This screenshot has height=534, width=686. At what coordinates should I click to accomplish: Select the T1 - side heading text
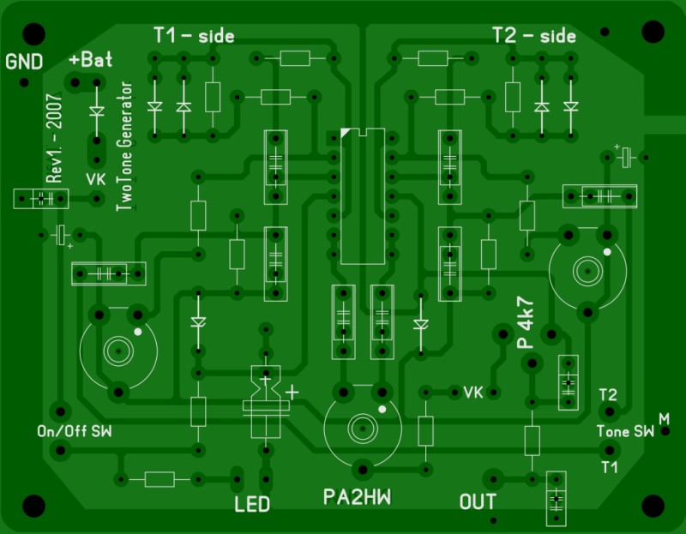(194, 35)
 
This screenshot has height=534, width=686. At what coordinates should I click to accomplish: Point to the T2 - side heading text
(533, 35)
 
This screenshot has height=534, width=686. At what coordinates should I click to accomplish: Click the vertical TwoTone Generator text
(127, 147)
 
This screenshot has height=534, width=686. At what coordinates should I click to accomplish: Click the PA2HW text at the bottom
(358, 498)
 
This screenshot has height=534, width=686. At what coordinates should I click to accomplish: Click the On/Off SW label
(75, 429)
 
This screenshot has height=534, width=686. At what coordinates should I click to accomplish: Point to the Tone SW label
(625, 432)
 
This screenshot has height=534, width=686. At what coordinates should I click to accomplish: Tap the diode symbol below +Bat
(96, 111)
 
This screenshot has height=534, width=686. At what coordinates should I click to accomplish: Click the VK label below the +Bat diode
(96, 179)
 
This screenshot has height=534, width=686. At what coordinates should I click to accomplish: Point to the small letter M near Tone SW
(664, 417)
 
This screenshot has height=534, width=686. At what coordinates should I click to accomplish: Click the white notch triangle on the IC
(345, 132)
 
